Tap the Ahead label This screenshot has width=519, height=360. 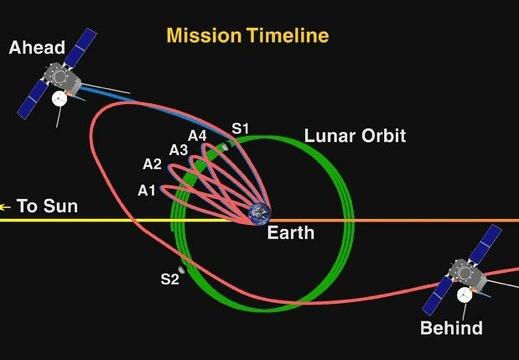click(x=37, y=46)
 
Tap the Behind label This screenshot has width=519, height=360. click(x=451, y=328)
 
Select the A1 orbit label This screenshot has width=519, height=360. click(x=147, y=190)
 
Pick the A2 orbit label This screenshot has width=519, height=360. click(x=152, y=164)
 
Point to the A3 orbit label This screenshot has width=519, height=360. click(x=178, y=149)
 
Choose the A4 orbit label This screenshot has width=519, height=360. click(x=197, y=135)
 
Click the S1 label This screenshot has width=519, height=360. click(x=240, y=128)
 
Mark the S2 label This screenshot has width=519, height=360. click(x=169, y=279)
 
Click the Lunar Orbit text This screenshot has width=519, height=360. click(x=354, y=137)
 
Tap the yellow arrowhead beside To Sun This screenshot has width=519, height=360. click(x=6, y=207)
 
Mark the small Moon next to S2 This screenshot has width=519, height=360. click(x=181, y=268)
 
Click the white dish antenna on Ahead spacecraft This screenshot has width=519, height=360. click(x=61, y=99)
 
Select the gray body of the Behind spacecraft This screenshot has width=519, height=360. click(x=465, y=272)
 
